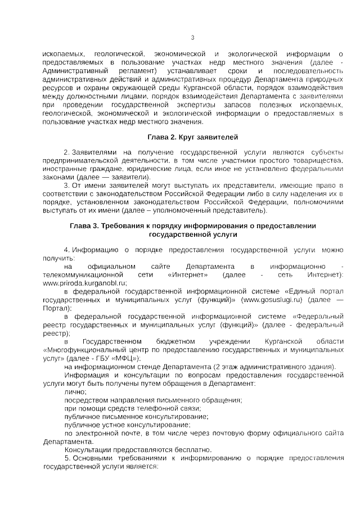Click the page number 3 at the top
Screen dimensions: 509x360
tap(192, 38)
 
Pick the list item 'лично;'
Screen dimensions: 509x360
tap(76, 391)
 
